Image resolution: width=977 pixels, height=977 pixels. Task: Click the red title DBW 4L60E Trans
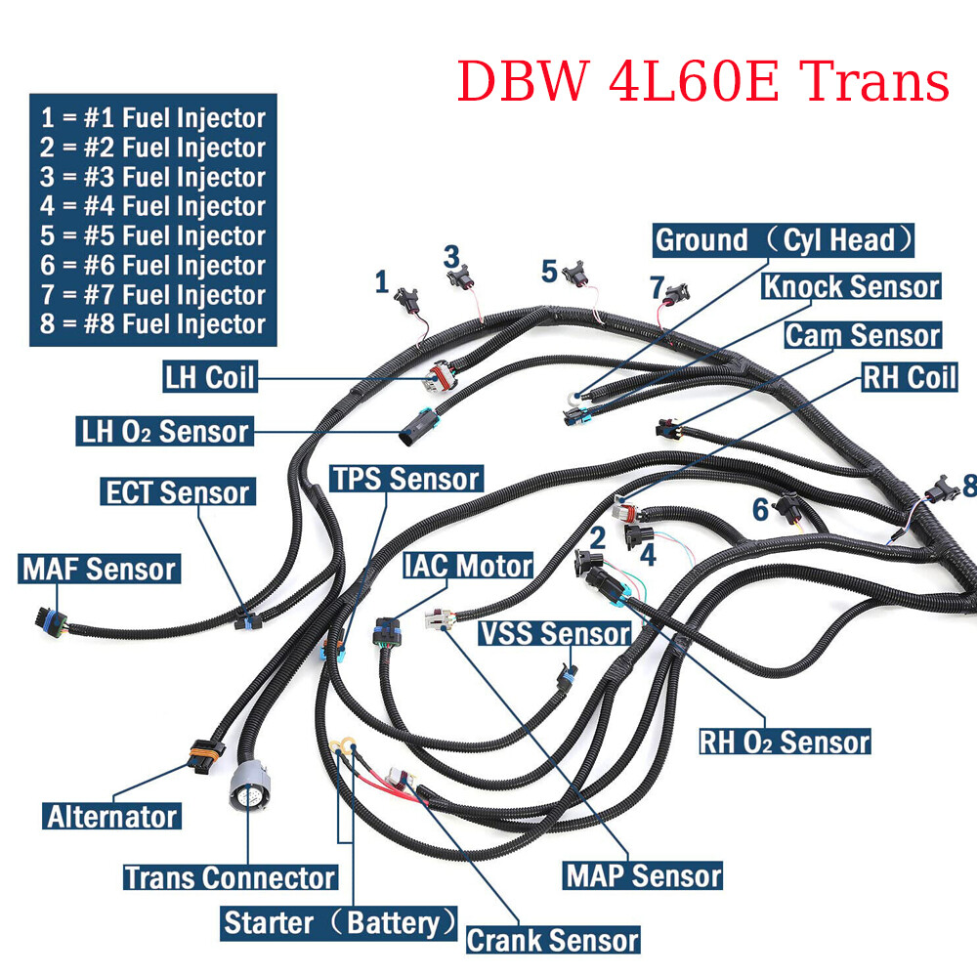tap(703, 81)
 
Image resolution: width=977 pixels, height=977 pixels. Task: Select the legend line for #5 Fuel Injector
tap(153, 236)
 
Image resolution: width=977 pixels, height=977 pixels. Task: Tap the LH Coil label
tap(209, 378)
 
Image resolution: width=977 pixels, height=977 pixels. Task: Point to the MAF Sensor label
tap(99, 569)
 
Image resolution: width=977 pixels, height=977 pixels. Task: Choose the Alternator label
tap(111, 816)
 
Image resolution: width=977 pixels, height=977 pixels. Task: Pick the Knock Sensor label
tap(851, 287)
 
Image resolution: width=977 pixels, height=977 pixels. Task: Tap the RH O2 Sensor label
tap(785, 742)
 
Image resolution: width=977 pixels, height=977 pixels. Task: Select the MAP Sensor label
tap(644, 874)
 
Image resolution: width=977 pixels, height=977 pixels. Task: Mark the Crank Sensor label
tap(552, 940)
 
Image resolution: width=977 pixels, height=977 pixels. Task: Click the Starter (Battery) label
tap(340, 921)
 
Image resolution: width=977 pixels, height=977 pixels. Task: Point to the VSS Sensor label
tap(554, 633)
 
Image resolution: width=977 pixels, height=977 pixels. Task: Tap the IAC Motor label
tap(468, 565)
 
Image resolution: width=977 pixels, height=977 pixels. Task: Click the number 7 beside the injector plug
tap(657, 287)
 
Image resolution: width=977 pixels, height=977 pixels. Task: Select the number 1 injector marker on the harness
tap(382, 282)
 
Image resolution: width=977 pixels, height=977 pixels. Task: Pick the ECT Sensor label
tap(178, 491)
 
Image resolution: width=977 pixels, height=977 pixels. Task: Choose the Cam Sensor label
tap(863, 335)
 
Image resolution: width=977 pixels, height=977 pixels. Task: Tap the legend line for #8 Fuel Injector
tap(153, 324)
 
